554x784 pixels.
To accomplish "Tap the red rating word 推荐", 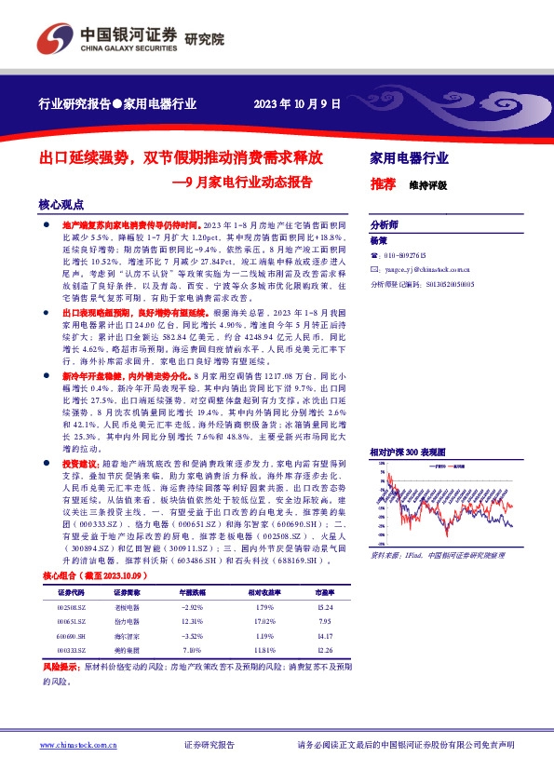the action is (382, 183).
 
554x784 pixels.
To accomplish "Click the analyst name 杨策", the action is (378, 239).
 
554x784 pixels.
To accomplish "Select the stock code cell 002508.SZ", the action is (71, 608).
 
